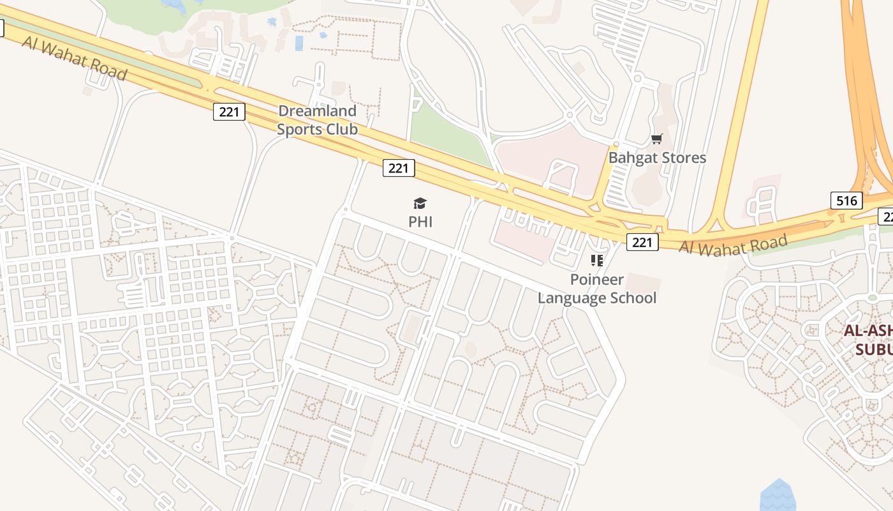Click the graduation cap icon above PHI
pos(420,204)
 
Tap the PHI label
pos(420,222)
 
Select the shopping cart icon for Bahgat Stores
pos(656,139)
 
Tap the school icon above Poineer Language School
pos(597,261)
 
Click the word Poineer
pos(597,280)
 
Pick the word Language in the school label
pos(570,298)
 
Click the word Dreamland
pos(317,111)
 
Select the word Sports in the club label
pos(299,129)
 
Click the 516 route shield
pos(846,201)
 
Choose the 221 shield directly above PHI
pos(399,168)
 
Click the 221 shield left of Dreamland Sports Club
pos(228,112)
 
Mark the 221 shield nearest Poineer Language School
pos(642,242)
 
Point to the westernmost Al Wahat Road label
pos(73,57)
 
